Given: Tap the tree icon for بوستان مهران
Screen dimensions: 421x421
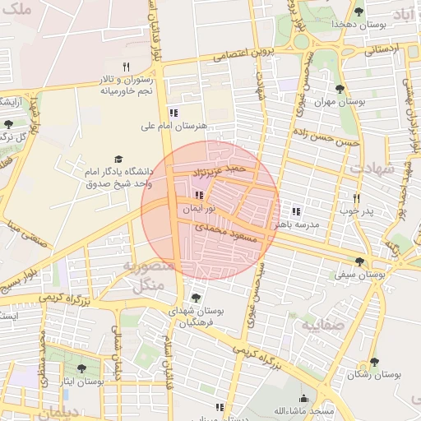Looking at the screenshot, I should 340,89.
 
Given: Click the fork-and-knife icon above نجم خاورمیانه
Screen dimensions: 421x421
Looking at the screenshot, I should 126,67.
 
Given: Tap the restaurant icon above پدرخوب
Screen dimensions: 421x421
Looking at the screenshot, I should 357,198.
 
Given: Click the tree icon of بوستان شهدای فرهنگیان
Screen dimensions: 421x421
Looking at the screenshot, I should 195,298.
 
